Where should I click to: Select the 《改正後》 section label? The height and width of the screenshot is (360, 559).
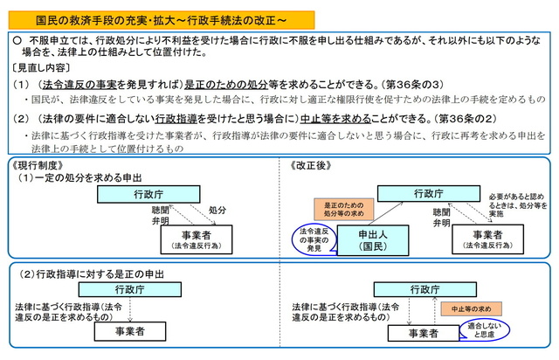[309, 164]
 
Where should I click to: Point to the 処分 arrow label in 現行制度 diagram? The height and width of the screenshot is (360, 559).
[217, 211]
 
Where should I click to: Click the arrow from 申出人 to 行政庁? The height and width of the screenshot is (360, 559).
[390, 212]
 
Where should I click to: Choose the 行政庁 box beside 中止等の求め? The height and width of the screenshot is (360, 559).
[407, 288]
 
